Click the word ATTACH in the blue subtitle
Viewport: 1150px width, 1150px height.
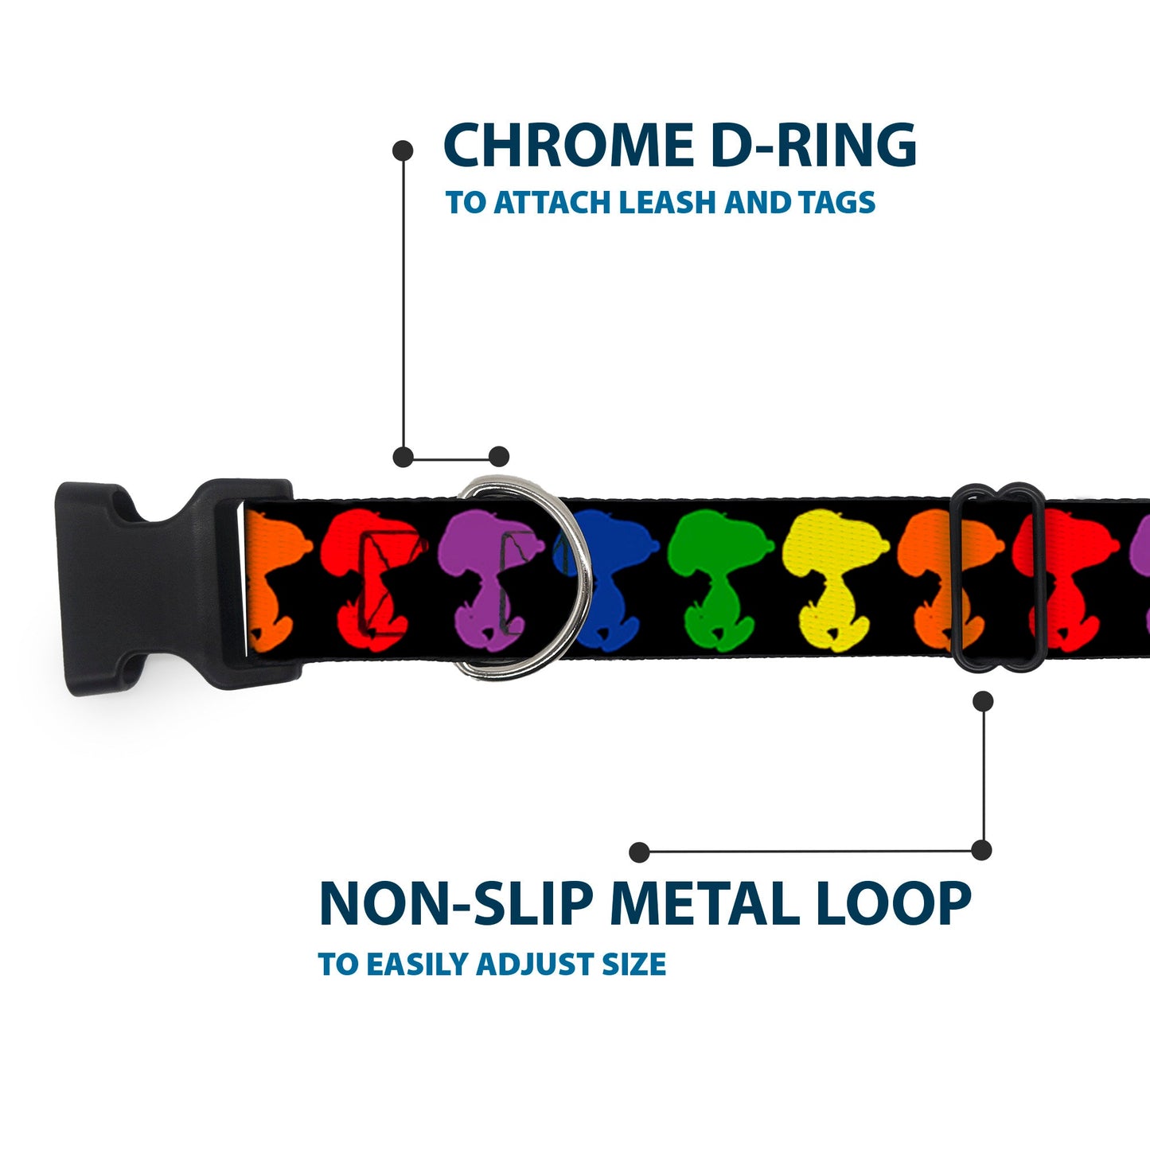(553, 203)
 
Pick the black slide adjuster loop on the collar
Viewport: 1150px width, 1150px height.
(1000, 577)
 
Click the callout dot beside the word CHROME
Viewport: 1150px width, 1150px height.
(403, 150)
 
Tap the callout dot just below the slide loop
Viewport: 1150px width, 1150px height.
(984, 700)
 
